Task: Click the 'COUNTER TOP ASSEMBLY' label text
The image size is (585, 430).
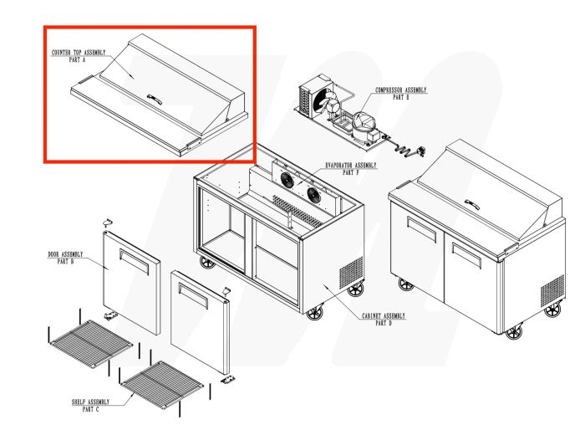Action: tap(79, 53)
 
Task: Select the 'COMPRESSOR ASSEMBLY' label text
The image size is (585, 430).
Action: tap(401, 90)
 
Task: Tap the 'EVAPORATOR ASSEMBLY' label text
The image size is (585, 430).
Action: tap(351, 166)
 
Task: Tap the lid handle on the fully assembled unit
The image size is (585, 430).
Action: tap(473, 203)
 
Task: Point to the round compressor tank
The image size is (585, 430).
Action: tap(365, 125)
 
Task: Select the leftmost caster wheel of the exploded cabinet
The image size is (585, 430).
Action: tap(206, 263)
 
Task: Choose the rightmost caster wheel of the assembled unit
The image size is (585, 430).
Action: tap(552, 311)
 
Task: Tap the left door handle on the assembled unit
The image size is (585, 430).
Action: tap(421, 229)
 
